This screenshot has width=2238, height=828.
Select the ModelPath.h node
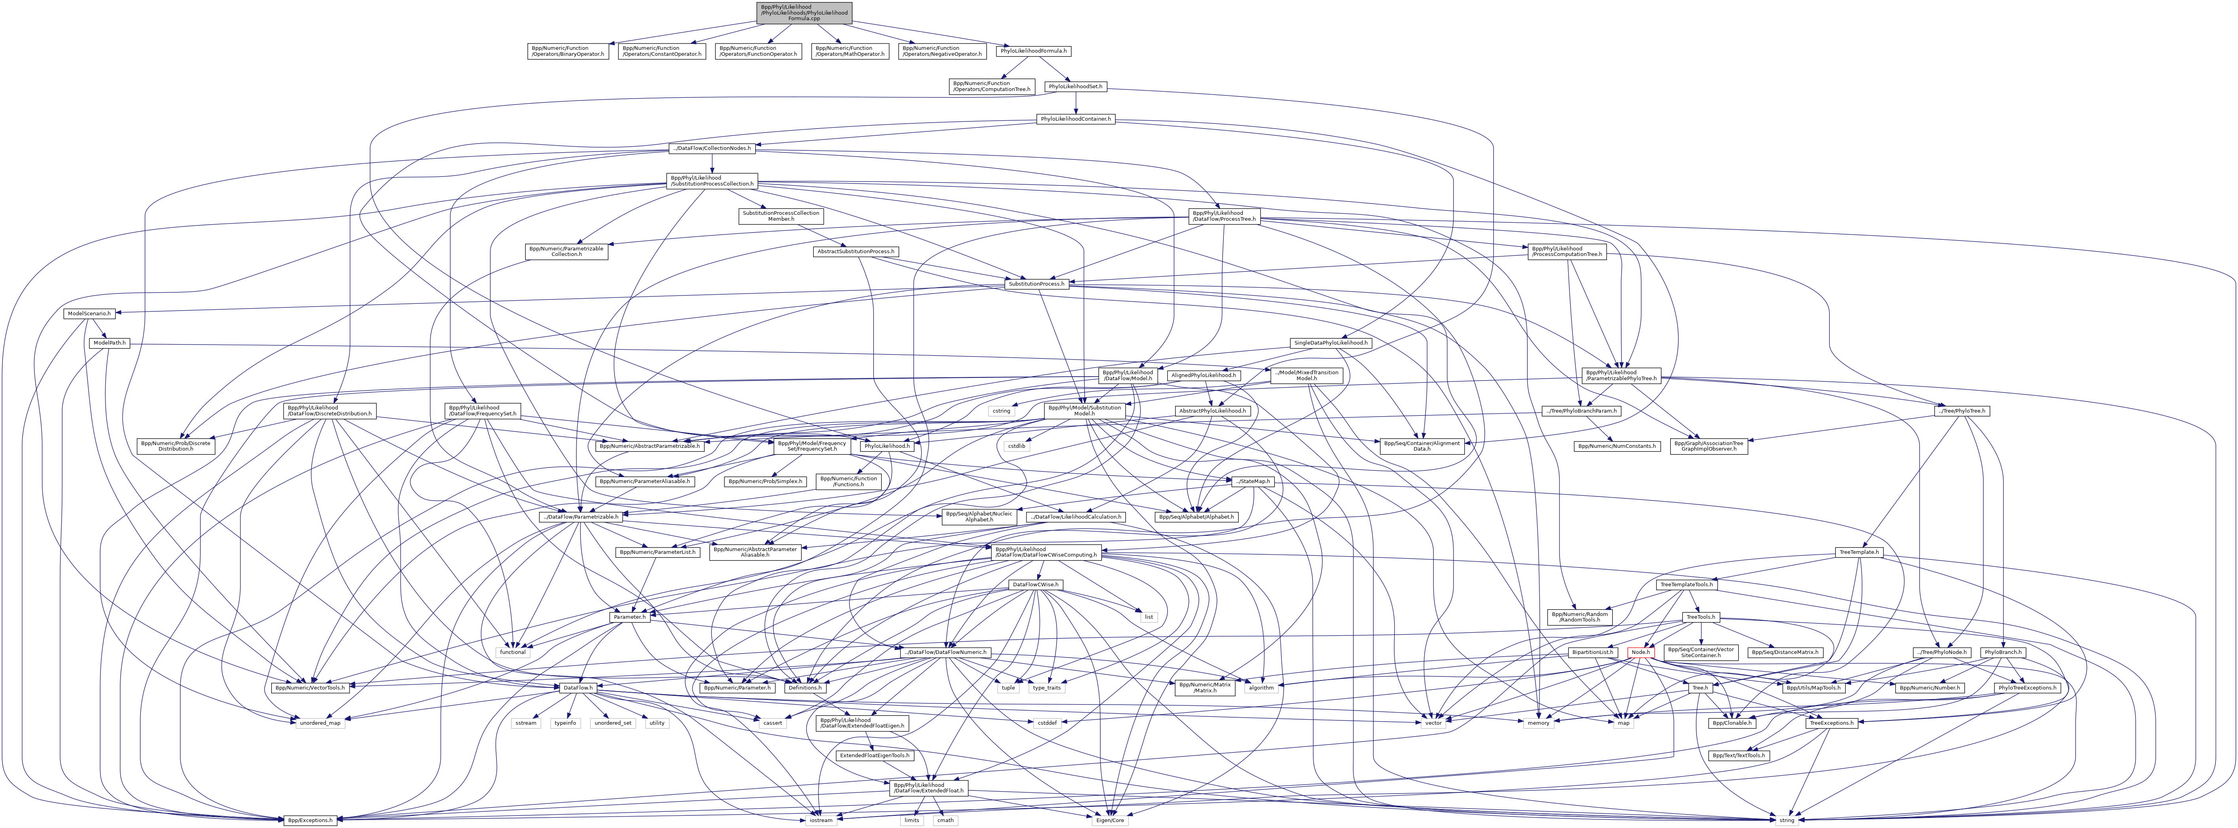110,343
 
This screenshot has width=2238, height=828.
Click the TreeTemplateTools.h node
1686,585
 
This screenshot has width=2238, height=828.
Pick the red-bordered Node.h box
1640,652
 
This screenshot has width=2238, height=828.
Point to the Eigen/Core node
1110,819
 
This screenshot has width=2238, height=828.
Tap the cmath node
945,819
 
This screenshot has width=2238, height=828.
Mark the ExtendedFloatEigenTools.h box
874,755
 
